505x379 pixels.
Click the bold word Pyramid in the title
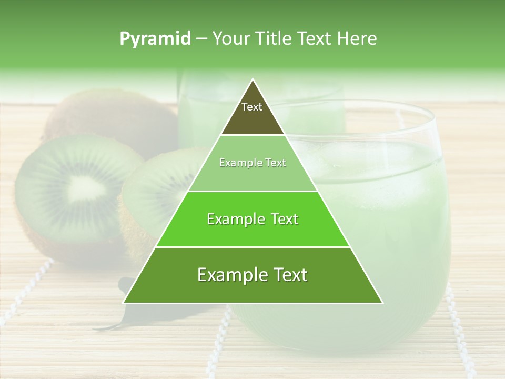pos(155,39)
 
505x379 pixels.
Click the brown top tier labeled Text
pos(252,113)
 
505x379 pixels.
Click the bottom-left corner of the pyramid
pos(125,302)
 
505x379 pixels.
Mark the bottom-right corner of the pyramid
pos(381,302)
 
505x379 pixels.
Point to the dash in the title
pos(201,39)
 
